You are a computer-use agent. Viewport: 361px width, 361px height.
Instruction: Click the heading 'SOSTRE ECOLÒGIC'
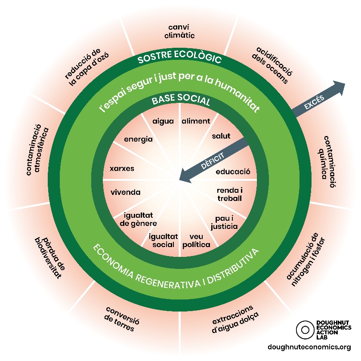pyautogui.click(x=179, y=59)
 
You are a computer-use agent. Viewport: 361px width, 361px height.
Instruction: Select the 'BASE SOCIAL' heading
pyautogui.click(x=181, y=102)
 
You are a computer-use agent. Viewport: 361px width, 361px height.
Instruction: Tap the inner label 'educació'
pyautogui.click(x=233, y=172)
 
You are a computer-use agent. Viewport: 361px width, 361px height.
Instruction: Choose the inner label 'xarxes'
pyautogui.click(x=122, y=169)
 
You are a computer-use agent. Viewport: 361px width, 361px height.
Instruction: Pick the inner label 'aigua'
pyautogui.click(x=163, y=121)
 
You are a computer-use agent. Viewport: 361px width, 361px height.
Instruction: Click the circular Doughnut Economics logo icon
pyautogui.click(x=305, y=330)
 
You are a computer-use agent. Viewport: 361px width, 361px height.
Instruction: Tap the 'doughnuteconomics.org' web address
pyautogui.click(x=309, y=347)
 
